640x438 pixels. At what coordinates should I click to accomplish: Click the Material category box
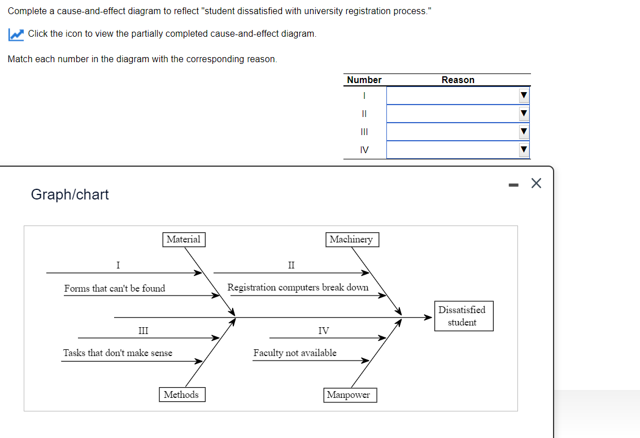(x=183, y=240)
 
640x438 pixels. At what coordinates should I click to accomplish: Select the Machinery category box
(x=351, y=240)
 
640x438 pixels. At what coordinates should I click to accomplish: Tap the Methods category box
(x=181, y=394)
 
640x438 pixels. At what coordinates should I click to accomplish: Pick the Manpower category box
(x=349, y=395)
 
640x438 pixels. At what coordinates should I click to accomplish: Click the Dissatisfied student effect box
(x=463, y=316)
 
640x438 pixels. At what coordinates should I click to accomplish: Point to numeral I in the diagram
(x=117, y=264)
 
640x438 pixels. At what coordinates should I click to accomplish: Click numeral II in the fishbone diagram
(x=291, y=264)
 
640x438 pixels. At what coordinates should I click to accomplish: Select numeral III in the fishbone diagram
(x=143, y=331)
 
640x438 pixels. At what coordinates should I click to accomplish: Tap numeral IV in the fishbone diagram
(x=323, y=331)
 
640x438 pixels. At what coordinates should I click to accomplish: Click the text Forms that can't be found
(x=115, y=288)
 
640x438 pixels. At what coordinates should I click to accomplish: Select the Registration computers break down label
(x=298, y=287)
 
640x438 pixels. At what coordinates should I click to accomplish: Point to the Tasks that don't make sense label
(x=117, y=353)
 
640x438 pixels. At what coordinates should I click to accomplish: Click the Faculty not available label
(x=294, y=353)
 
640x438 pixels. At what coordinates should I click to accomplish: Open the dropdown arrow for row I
(x=524, y=96)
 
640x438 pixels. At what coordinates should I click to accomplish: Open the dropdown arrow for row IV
(x=524, y=150)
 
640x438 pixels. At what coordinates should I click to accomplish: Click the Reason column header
(x=458, y=80)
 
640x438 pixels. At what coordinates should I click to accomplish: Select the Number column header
(x=364, y=80)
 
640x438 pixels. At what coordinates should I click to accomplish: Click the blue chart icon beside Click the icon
(x=16, y=34)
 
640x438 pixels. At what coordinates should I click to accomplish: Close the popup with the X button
(x=535, y=183)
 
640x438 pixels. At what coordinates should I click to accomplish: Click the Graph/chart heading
(x=69, y=194)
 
